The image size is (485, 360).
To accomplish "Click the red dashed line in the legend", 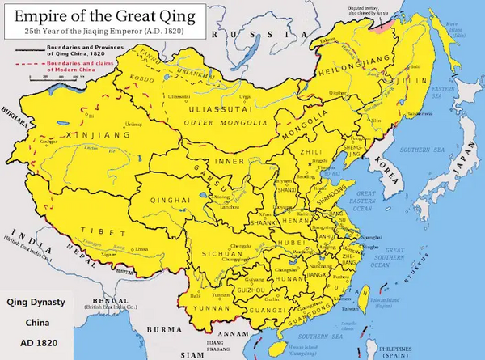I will pos(28,65).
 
